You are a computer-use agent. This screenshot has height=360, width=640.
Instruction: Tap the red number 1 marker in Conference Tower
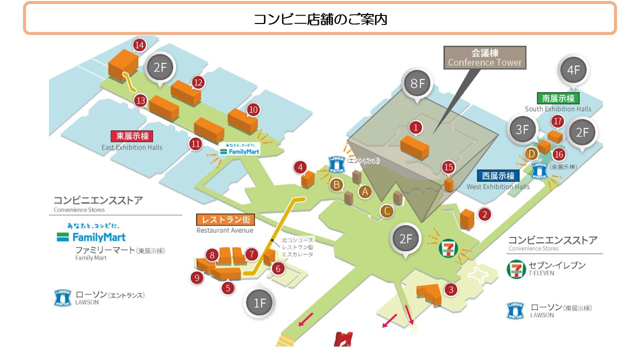415,127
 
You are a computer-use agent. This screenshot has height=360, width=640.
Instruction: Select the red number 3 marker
451,289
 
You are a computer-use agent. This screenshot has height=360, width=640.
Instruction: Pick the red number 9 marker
197,277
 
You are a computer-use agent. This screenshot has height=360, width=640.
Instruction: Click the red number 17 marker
557,121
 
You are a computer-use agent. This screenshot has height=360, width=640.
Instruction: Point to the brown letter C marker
386,211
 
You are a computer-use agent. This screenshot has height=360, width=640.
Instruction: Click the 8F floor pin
417,83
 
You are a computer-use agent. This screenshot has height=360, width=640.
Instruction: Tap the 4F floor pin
573,70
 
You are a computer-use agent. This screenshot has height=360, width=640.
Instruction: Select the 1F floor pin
259,302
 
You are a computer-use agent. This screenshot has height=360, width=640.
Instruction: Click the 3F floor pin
522,129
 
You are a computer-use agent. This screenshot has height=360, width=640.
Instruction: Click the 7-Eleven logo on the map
448,249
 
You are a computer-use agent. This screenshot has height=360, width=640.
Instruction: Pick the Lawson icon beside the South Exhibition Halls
539,170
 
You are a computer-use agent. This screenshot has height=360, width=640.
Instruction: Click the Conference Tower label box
484,57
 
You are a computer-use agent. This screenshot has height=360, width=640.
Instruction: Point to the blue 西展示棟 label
497,176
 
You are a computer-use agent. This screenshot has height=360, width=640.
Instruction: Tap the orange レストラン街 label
225,219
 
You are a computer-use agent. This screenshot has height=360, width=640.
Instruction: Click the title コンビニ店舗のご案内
320,19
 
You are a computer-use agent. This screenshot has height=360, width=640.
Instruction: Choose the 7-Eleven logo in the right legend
516,269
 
